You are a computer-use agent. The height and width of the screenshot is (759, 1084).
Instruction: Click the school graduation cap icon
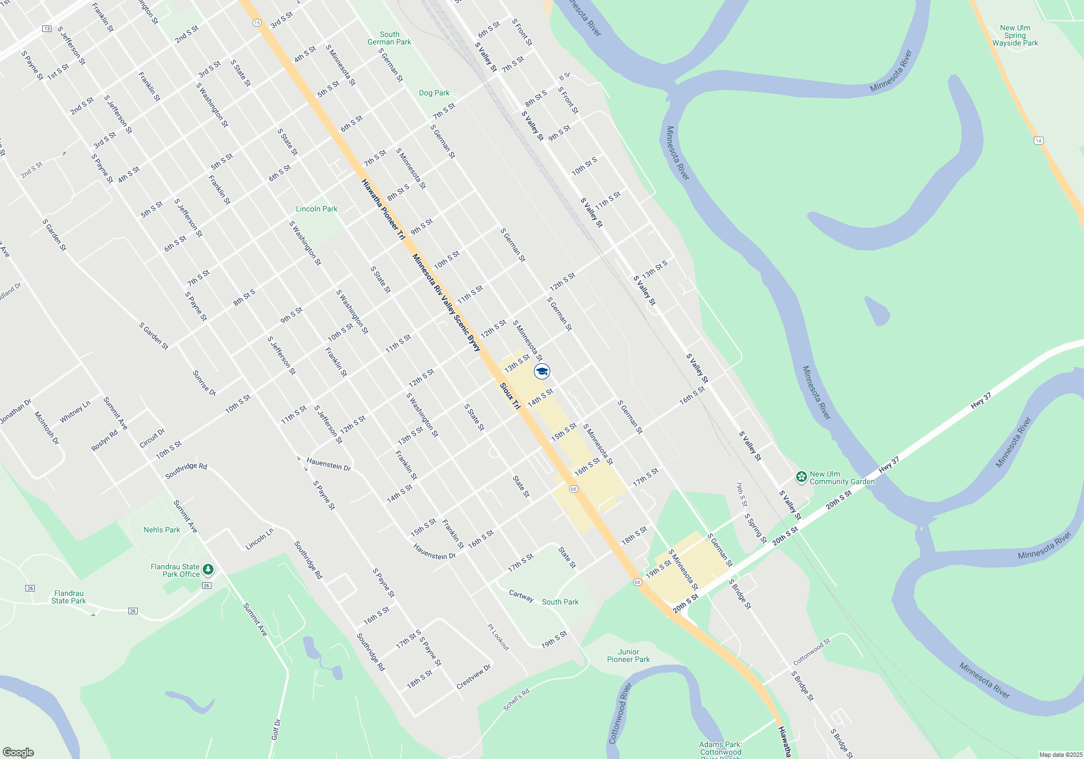542,371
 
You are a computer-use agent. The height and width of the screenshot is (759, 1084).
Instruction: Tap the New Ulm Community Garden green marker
801,477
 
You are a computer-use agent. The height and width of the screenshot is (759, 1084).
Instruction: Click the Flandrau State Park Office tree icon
208,570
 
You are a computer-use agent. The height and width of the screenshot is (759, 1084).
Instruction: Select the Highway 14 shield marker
1038,140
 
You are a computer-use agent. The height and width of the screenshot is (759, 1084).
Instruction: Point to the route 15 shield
257,23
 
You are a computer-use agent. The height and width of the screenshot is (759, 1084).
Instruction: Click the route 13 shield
47,29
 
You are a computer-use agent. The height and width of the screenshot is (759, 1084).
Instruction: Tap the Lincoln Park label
317,209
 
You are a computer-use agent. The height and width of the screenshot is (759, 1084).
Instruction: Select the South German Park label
389,38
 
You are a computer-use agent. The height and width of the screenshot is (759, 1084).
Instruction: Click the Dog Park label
434,93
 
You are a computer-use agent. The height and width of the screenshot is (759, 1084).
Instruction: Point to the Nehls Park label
162,530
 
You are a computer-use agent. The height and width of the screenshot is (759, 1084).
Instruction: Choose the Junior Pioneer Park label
628,655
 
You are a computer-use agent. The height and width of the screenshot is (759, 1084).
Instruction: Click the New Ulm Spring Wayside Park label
1015,35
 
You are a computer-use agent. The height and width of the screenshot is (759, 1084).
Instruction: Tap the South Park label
560,602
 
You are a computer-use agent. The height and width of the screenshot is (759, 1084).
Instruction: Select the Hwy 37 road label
980,400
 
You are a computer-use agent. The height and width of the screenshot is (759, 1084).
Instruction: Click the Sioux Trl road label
509,396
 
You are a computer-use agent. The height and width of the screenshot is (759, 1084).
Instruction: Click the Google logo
18,752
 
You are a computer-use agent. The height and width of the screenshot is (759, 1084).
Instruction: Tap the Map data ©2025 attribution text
1061,755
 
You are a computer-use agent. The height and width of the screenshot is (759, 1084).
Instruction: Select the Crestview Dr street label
473,677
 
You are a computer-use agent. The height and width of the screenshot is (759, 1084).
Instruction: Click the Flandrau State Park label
69,597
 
